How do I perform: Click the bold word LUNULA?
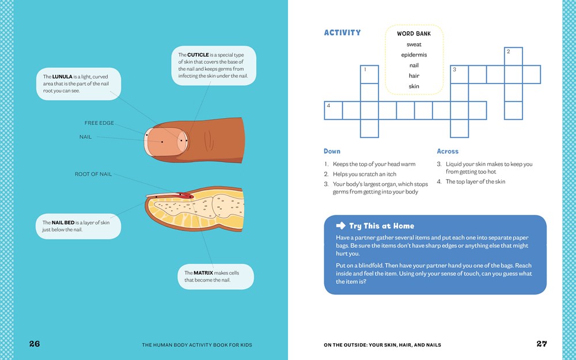click(62, 76)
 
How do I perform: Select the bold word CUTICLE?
click(198, 55)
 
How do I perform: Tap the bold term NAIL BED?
click(62, 222)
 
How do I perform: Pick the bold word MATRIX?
click(203, 273)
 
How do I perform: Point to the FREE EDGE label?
click(99, 123)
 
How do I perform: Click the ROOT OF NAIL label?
click(93, 174)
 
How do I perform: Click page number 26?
click(35, 344)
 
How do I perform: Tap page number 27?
click(541, 344)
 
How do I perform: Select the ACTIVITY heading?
click(342, 33)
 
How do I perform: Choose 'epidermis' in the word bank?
click(414, 55)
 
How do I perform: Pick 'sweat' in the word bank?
click(414, 44)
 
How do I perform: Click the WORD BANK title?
click(414, 33)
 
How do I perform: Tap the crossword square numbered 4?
click(334, 111)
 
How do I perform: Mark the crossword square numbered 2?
click(513, 56)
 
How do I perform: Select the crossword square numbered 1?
click(369, 74)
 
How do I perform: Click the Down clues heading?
click(332, 151)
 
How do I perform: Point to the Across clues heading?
click(448, 151)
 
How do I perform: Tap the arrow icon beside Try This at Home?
click(340, 226)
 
